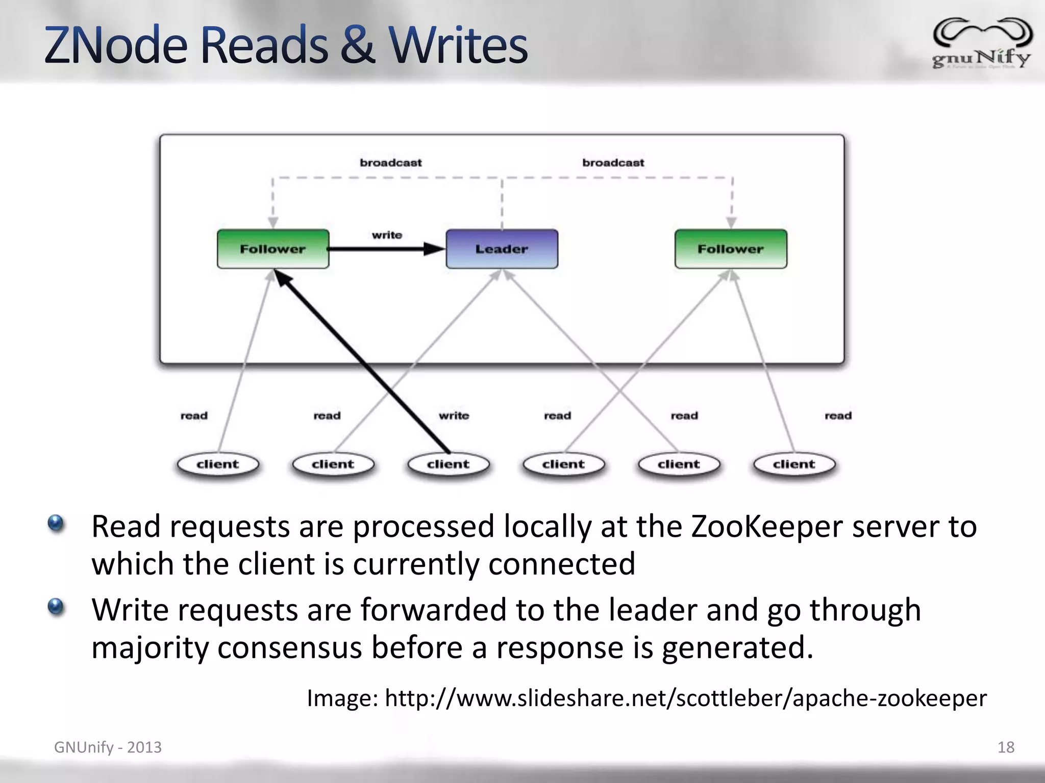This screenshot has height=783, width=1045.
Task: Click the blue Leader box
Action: [x=502, y=249]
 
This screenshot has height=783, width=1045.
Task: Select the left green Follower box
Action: [x=273, y=249]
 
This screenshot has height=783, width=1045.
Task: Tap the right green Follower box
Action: [x=731, y=249]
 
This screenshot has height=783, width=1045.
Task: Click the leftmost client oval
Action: [x=218, y=464]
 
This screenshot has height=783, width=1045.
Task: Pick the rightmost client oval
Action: [x=794, y=464]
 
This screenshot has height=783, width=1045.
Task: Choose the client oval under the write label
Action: [x=449, y=464]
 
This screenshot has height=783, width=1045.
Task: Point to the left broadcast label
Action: [x=391, y=163]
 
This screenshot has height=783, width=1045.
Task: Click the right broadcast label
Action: [x=613, y=163]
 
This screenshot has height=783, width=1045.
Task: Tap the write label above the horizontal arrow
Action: [x=387, y=235]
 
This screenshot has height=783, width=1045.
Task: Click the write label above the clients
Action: [x=454, y=415]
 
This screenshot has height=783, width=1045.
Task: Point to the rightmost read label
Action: [x=838, y=415]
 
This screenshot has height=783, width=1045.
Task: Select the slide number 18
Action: [x=1006, y=747]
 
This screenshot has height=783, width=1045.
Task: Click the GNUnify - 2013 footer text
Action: [x=108, y=747]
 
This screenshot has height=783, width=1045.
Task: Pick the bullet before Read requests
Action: [x=56, y=523]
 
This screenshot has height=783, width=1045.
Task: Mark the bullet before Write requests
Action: [x=56, y=607]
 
